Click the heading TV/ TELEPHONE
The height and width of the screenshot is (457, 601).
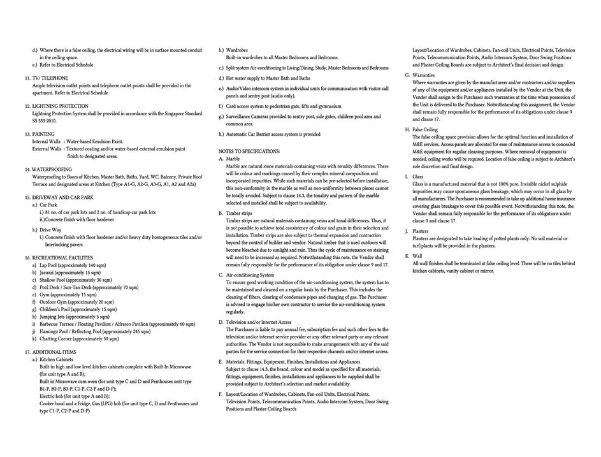point(50,78)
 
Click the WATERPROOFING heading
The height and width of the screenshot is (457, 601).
point(52,170)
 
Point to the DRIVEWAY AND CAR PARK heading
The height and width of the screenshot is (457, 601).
point(62,198)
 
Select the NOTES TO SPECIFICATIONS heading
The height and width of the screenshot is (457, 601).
point(249,152)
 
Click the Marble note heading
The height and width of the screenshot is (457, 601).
point(233,159)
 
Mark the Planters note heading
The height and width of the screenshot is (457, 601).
point(420,231)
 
